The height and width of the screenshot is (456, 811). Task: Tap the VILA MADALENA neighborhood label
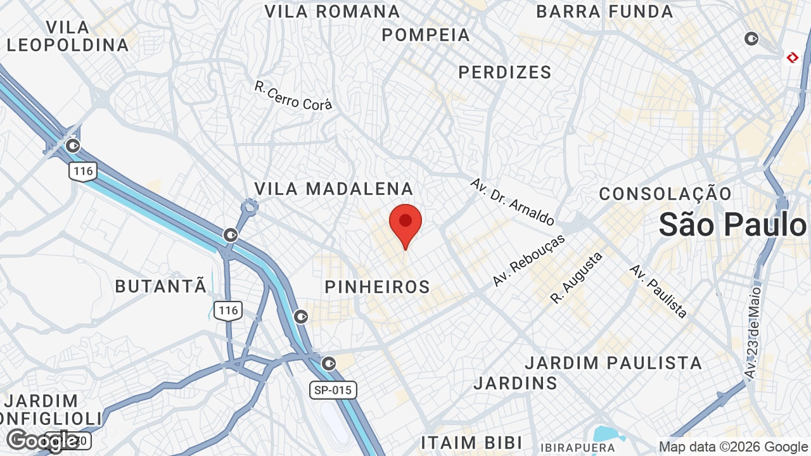coord(334,189)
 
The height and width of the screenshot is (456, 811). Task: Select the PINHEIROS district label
coord(378,287)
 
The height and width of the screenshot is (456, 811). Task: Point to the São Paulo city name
coord(733,225)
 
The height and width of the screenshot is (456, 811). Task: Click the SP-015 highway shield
coord(333,390)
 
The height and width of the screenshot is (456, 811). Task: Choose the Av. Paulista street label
coord(658,291)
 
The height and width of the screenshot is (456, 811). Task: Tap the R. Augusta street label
coord(577,277)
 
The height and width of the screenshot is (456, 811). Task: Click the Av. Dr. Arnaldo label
coord(513,201)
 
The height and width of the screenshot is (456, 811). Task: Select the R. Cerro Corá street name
coord(293,96)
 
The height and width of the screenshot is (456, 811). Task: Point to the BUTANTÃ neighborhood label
coord(161,286)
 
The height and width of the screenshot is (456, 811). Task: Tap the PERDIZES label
coord(505,72)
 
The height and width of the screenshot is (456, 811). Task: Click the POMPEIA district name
coord(426,35)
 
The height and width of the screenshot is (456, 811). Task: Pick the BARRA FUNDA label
coord(604,11)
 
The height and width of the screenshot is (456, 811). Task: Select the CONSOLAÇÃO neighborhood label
coord(665,194)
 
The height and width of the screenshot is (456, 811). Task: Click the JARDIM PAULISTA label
coord(613,363)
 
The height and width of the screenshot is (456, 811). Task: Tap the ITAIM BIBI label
coord(471,442)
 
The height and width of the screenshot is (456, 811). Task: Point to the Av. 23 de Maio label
coord(753,333)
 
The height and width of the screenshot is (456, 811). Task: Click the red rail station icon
coord(792,58)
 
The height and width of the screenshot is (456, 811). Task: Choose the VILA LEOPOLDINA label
coord(68,36)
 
